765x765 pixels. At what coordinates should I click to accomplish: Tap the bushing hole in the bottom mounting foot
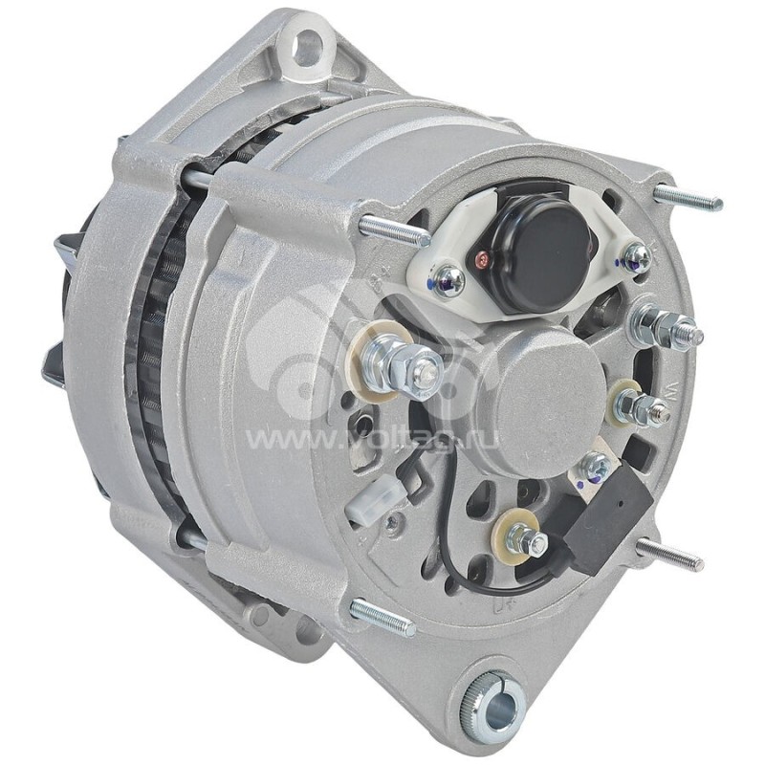coord(493,710)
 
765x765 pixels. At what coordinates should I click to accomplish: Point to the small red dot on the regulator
coord(483,257)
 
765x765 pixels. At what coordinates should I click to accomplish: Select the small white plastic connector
coord(367,506)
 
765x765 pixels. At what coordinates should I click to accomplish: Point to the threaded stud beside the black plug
coord(671,555)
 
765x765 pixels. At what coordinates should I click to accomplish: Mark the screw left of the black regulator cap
coord(447,280)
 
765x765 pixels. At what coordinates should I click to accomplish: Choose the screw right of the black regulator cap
coord(633,256)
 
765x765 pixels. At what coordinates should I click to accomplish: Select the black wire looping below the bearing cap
coord(448,535)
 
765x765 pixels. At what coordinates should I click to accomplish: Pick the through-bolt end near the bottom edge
coord(382,618)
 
